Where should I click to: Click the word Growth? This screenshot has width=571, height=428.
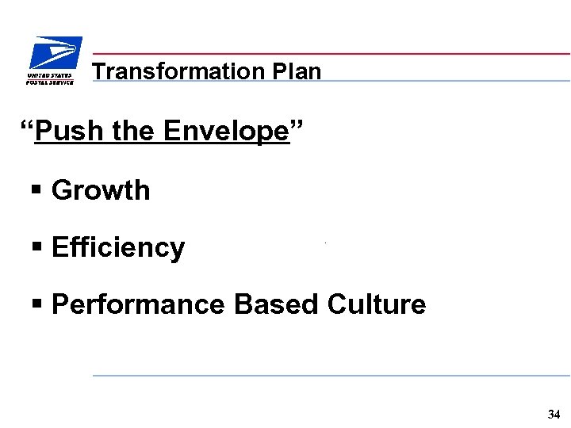click(x=101, y=190)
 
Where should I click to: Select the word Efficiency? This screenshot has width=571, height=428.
click(x=118, y=247)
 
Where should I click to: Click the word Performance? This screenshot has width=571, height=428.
click(x=138, y=304)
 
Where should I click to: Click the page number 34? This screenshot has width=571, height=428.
click(x=554, y=414)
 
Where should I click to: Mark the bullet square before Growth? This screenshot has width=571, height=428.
click(x=36, y=191)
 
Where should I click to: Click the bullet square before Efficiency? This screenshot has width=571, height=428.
click(x=36, y=248)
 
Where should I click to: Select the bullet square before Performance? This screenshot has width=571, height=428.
click(x=36, y=305)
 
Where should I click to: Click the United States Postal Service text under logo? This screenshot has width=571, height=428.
click(x=50, y=78)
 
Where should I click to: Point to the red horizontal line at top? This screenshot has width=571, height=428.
click(x=333, y=54)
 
